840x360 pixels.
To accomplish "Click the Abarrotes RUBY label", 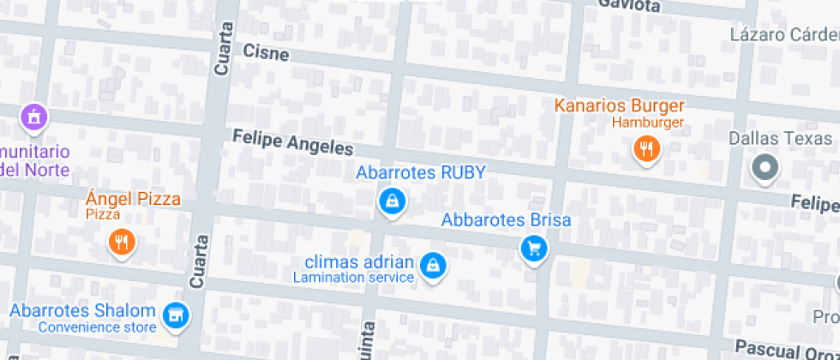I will [x=420, y=172].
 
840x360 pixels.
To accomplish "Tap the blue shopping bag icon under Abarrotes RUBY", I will [x=392, y=201].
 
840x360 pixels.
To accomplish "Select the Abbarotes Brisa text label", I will [x=506, y=220].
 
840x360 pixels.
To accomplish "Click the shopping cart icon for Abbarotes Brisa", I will [x=534, y=249].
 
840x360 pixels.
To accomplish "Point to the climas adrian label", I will [x=365, y=262].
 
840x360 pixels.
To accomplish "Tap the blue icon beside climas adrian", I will [x=434, y=265].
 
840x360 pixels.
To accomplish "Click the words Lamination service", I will [x=353, y=278].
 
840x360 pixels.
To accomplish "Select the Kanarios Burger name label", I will [x=620, y=106].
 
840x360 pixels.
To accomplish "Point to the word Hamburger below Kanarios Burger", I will [x=647, y=123].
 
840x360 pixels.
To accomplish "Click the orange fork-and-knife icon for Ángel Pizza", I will [x=123, y=242].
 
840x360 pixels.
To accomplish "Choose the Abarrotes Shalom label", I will [x=82, y=311].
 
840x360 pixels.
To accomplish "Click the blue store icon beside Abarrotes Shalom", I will [x=177, y=315].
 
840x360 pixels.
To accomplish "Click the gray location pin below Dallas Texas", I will [x=764, y=168].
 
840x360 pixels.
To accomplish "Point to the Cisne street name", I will [x=266, y=52].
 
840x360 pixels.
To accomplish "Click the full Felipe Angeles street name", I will [x=292, y=141].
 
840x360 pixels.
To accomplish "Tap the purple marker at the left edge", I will [x=33, y=116].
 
